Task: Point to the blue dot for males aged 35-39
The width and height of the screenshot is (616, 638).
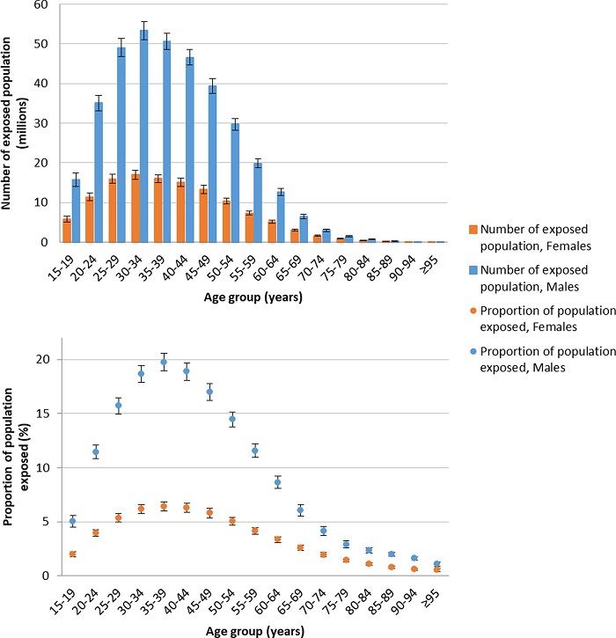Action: [164, 362]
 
